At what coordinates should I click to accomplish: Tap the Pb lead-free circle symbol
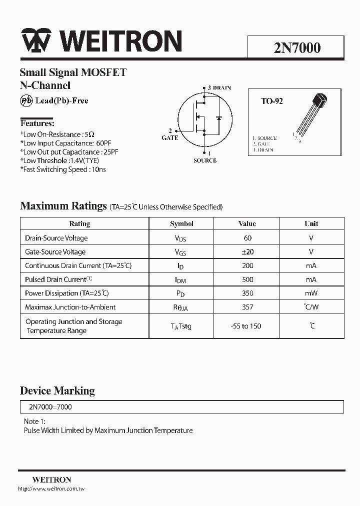click(26, 100)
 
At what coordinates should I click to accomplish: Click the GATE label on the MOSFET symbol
click(170, 137)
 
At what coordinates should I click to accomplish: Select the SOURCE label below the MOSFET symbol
click(204, 160)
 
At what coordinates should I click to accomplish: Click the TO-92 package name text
click(272, 101)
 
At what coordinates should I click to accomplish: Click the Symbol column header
click(181, 223)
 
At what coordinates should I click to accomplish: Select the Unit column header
click(311, 223)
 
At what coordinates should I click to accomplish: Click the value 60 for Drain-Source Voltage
click(247, 238)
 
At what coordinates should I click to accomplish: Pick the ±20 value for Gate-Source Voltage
click(247, 252)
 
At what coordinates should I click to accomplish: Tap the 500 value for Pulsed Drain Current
click(247, 279)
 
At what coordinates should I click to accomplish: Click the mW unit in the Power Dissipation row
click(311, 293)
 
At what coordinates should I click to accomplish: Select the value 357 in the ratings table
click(247, 307)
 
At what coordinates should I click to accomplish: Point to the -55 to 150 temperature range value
click(246, 326)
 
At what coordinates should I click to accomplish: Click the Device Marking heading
click(57, 390)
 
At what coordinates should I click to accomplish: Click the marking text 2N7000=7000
click(48, 407)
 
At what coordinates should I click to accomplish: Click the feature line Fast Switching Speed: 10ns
click(63, 169)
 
